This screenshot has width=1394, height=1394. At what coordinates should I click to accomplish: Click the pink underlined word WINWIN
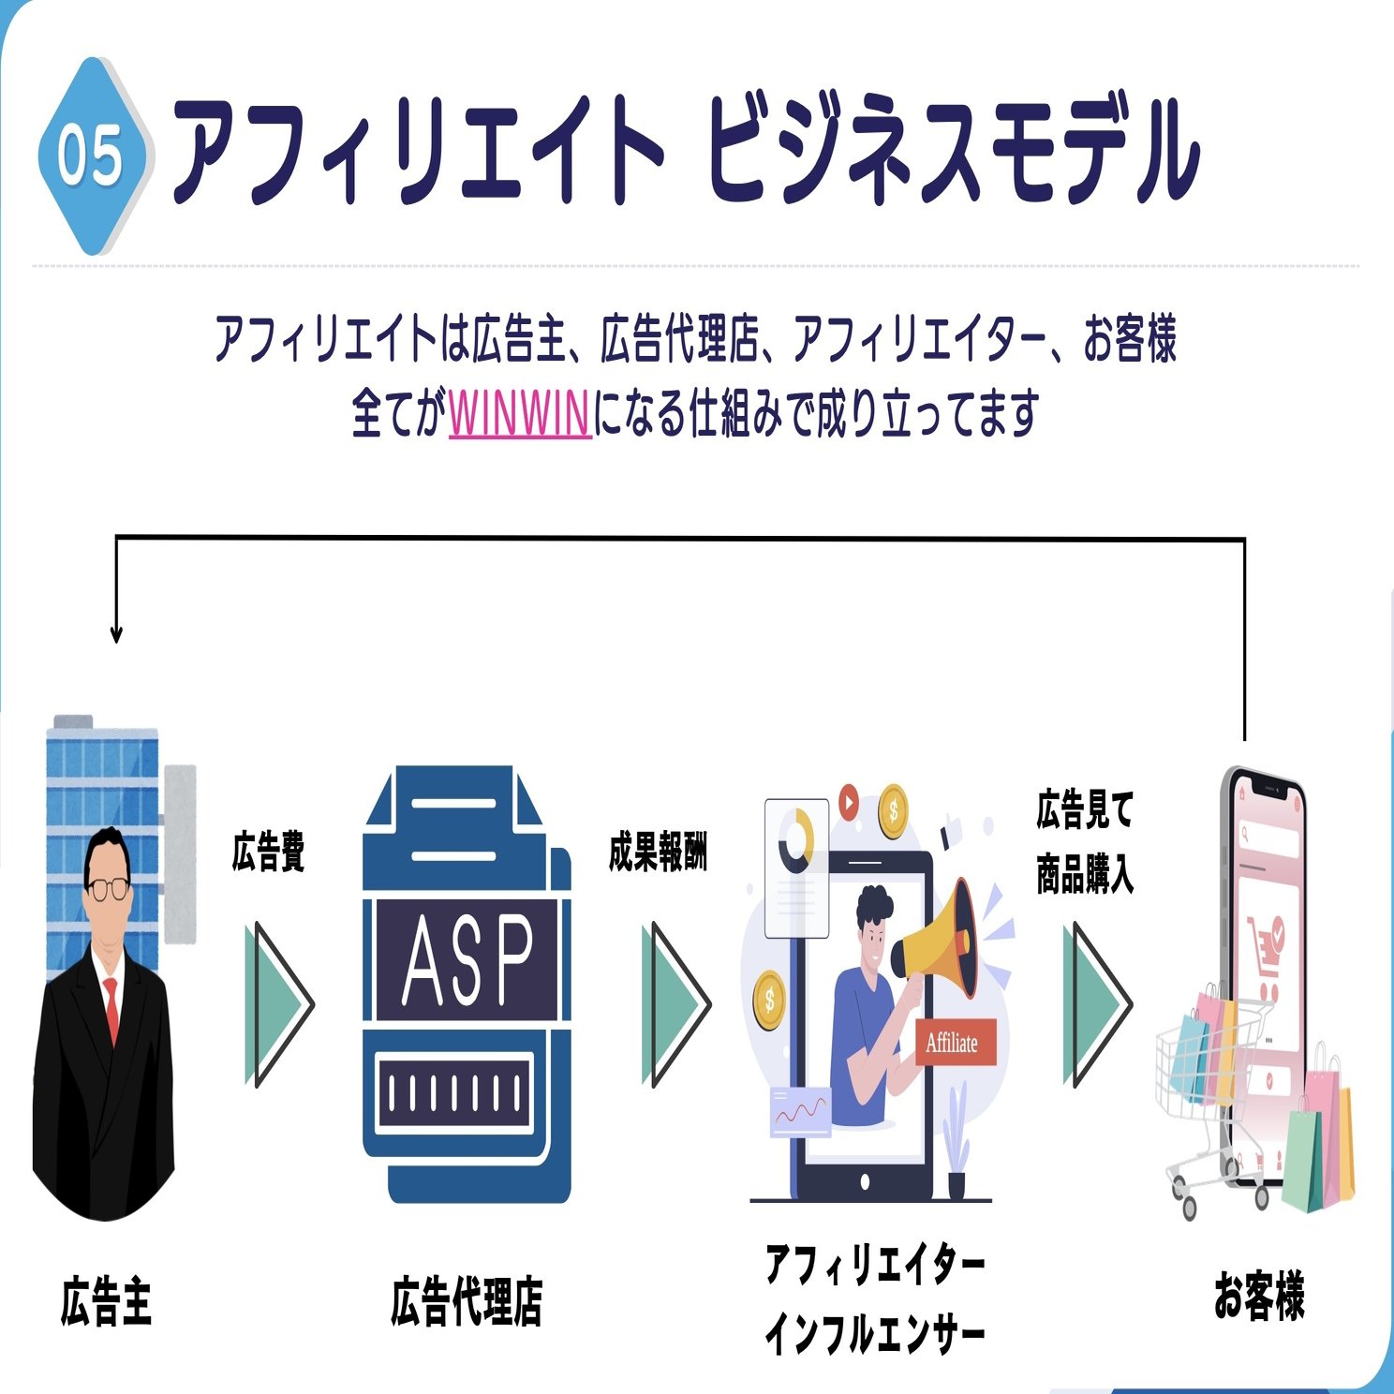pos(520,415)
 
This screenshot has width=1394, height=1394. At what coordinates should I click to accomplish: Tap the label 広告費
pos(268,852)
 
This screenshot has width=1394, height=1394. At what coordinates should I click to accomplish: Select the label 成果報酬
pos(658,852)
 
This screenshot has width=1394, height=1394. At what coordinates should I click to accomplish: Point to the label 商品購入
pos(1085,876)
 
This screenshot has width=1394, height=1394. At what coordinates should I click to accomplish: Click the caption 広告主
pos(106,1301)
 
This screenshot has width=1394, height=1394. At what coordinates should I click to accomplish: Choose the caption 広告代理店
pos(467,1301)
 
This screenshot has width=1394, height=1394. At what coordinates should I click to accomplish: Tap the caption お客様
pos(1259,1297)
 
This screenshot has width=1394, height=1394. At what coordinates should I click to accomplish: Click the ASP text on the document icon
pos(467,960)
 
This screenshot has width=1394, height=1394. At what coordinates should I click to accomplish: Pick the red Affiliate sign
pos(953,1043)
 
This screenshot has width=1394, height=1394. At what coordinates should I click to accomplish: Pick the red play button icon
pos(849,803)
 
